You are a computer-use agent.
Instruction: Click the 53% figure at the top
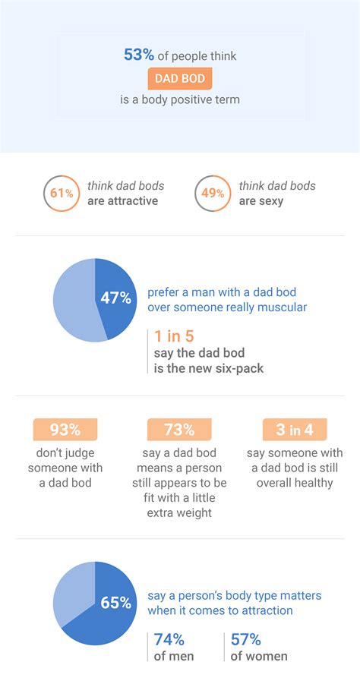tap(139, 55)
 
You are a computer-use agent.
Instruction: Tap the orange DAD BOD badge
tap(180, 77)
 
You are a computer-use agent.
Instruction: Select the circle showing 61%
tap(62, 194)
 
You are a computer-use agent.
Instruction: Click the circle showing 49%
tap(213, 194)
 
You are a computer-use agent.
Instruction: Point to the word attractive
tap(134, 201)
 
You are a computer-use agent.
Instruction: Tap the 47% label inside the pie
tap(115, 298)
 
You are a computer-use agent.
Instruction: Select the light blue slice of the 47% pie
tap(72, 300)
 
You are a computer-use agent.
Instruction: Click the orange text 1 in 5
tap(173, 336)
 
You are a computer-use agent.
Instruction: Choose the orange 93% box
tap(65, 430)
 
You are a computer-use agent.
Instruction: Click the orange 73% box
tap(179, 430)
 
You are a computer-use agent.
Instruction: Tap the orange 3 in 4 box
tap(294, 430)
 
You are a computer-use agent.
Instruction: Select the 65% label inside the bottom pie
tap(115, 603)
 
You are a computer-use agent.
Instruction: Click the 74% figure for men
tap(169, 638)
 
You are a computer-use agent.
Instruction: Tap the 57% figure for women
tap(246, 638)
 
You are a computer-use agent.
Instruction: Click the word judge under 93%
tap(84, 452)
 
